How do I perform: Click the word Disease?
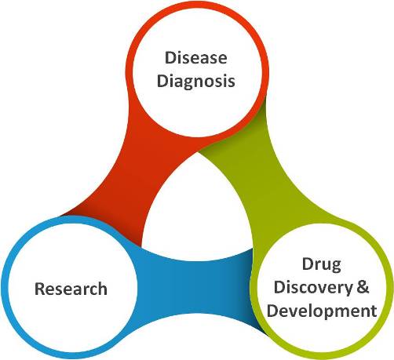(x=196, y=57)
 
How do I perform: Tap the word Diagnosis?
(x=196, y=82)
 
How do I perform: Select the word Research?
(x=71, y=289)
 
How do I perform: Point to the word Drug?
(x=322, y=265)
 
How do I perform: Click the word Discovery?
(x=313, y=288)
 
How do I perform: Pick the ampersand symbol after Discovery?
(x=363, y=287)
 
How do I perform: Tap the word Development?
(x=322, y=311)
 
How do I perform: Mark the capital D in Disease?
(x=170, y=58)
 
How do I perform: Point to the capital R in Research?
(x=40, y=289)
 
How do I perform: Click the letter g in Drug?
(x=336, y=267)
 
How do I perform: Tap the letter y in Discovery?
(x=347, y=290)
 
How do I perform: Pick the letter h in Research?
(x=102, y=289)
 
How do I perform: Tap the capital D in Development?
(x=272, y=311)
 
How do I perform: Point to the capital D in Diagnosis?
(x=162, y=81)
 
